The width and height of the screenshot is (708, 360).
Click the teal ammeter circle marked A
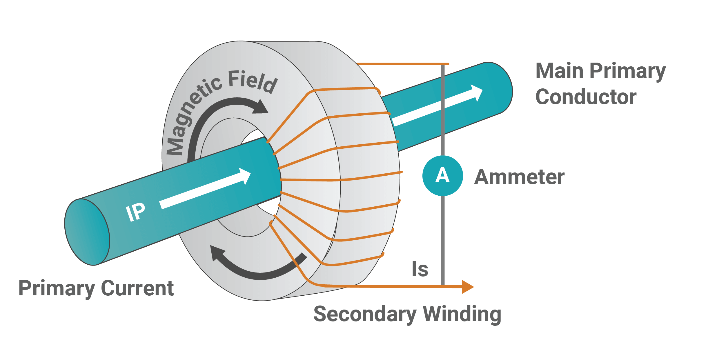click(442, 176)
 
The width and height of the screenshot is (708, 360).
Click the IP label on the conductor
click(135, 212)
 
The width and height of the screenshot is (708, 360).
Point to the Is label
click(420, 269)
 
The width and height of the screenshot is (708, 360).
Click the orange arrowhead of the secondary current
click(467, 287)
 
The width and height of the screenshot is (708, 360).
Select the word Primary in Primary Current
click(57, 289)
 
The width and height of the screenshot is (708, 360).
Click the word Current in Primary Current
click(137, 288)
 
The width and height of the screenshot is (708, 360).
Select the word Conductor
click(586, 97)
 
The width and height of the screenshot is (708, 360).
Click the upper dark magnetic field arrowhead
click(261, 107)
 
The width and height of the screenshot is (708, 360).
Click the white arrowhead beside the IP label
click(245, 176)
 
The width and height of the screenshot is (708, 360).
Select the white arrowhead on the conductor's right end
click(477, 92)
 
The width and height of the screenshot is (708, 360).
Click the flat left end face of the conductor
click(87, 232)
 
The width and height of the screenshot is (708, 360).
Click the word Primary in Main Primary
click(628, 72)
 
